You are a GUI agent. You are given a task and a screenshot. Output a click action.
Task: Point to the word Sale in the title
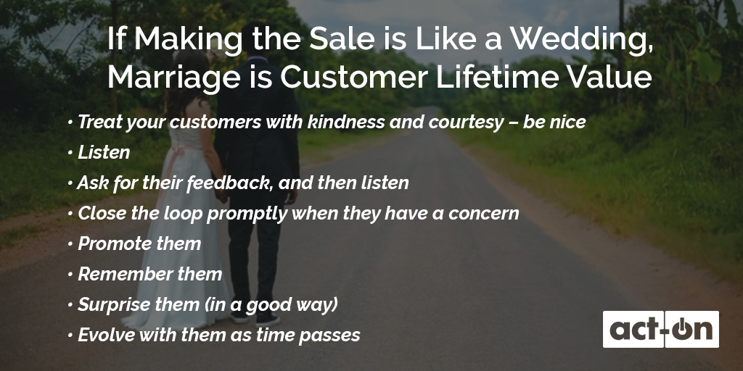pos(341,38)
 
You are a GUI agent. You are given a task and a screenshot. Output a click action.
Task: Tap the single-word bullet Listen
pos(104,152)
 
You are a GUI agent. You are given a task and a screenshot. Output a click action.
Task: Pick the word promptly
pos(247,214)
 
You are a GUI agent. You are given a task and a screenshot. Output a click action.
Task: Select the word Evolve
pos(99,335)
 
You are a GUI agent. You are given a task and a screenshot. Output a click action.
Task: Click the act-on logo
pos(660,330)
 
